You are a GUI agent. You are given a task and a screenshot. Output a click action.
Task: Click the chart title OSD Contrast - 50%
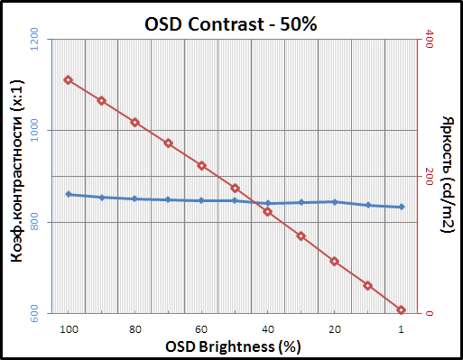231,23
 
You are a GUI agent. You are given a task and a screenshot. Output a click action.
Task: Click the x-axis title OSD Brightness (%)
234,346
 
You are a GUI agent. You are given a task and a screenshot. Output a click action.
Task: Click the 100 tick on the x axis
68,329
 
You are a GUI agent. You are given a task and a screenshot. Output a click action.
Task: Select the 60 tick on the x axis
202,329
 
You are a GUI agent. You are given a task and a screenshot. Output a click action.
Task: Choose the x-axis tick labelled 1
402,329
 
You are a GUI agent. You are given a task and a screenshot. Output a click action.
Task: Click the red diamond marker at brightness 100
68,80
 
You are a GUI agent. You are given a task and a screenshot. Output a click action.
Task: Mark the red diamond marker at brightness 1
402,310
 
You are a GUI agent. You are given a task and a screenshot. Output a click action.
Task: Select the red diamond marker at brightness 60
202,166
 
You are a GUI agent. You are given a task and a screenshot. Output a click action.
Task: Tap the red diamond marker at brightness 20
335,262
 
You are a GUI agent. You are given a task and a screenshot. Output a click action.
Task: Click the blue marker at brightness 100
68,194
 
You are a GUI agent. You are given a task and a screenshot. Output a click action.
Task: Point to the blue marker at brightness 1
402,207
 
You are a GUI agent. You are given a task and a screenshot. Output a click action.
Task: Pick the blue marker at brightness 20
335,202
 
